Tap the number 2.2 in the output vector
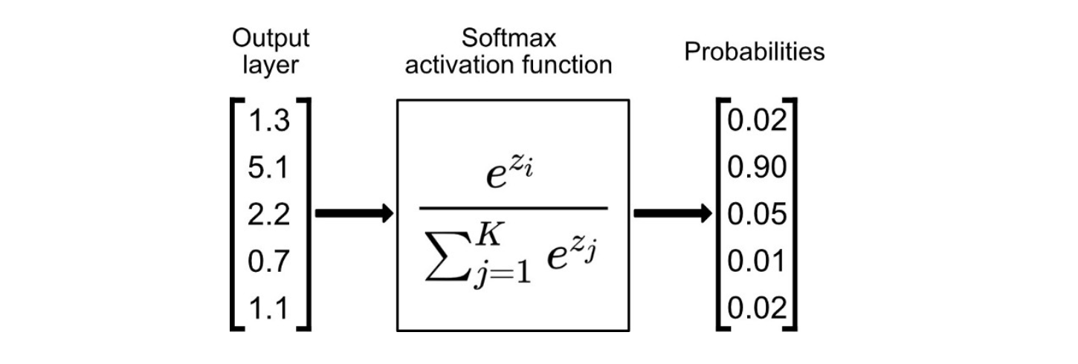[x=268, y=215]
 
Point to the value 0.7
[x=268, y=261]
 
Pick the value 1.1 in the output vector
[x=268, y=308]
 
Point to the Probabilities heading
[x=755, y=52]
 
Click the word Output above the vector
[x=271, y=39]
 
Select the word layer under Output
[x=271, y=65]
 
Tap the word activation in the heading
[x=456, y=65]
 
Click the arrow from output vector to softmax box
[x=353, y=215]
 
